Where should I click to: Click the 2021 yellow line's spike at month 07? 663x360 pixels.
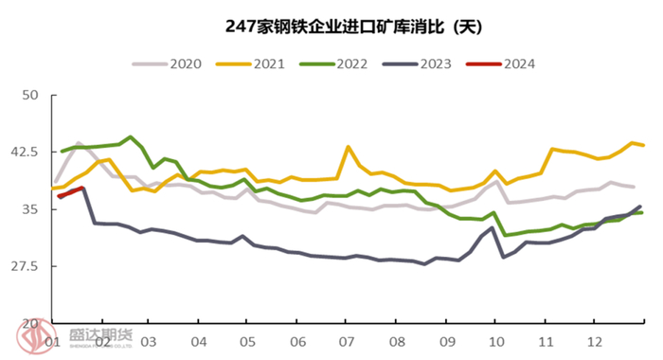coord(348,147)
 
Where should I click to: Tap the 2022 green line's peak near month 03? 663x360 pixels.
coord(131,137)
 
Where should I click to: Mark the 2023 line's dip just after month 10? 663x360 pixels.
coord(504,257)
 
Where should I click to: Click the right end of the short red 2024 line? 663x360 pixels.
coord(82,188)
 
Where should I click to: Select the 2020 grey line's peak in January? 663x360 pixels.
coord(80,144)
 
